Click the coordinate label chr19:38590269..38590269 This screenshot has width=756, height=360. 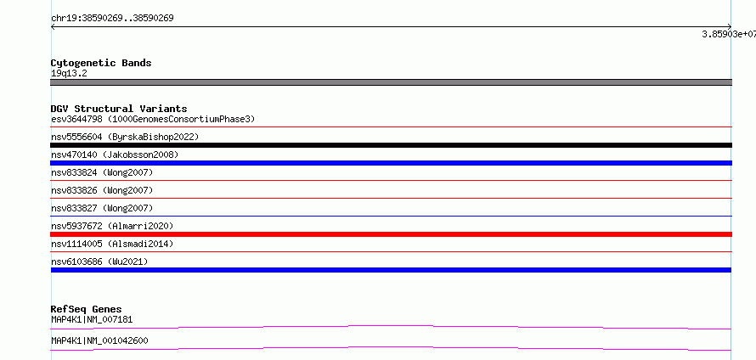112,19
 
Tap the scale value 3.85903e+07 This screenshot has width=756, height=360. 729,34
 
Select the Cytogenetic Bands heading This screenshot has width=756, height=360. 101,63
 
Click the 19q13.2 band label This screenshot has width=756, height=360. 69,74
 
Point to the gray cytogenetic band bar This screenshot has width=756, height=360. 391,82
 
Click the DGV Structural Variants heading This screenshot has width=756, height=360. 119,109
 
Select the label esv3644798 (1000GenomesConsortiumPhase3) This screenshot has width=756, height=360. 153,119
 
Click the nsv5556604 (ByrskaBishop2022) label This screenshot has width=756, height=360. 125,138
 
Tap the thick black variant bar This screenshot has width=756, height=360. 391,145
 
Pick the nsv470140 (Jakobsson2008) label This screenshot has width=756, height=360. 115,155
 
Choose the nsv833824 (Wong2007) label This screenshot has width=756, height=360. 102,172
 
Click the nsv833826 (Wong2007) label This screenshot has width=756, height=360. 102,190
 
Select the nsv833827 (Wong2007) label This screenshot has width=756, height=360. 102,208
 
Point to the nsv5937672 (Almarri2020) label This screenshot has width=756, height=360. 112,226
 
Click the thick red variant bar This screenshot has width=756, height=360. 391,234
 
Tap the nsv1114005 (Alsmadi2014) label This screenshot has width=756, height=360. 112,244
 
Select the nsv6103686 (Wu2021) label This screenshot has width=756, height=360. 99,262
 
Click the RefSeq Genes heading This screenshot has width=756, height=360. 87,309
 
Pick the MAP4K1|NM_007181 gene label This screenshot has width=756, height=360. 92,319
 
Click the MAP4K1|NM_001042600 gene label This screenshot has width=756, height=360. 99,340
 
